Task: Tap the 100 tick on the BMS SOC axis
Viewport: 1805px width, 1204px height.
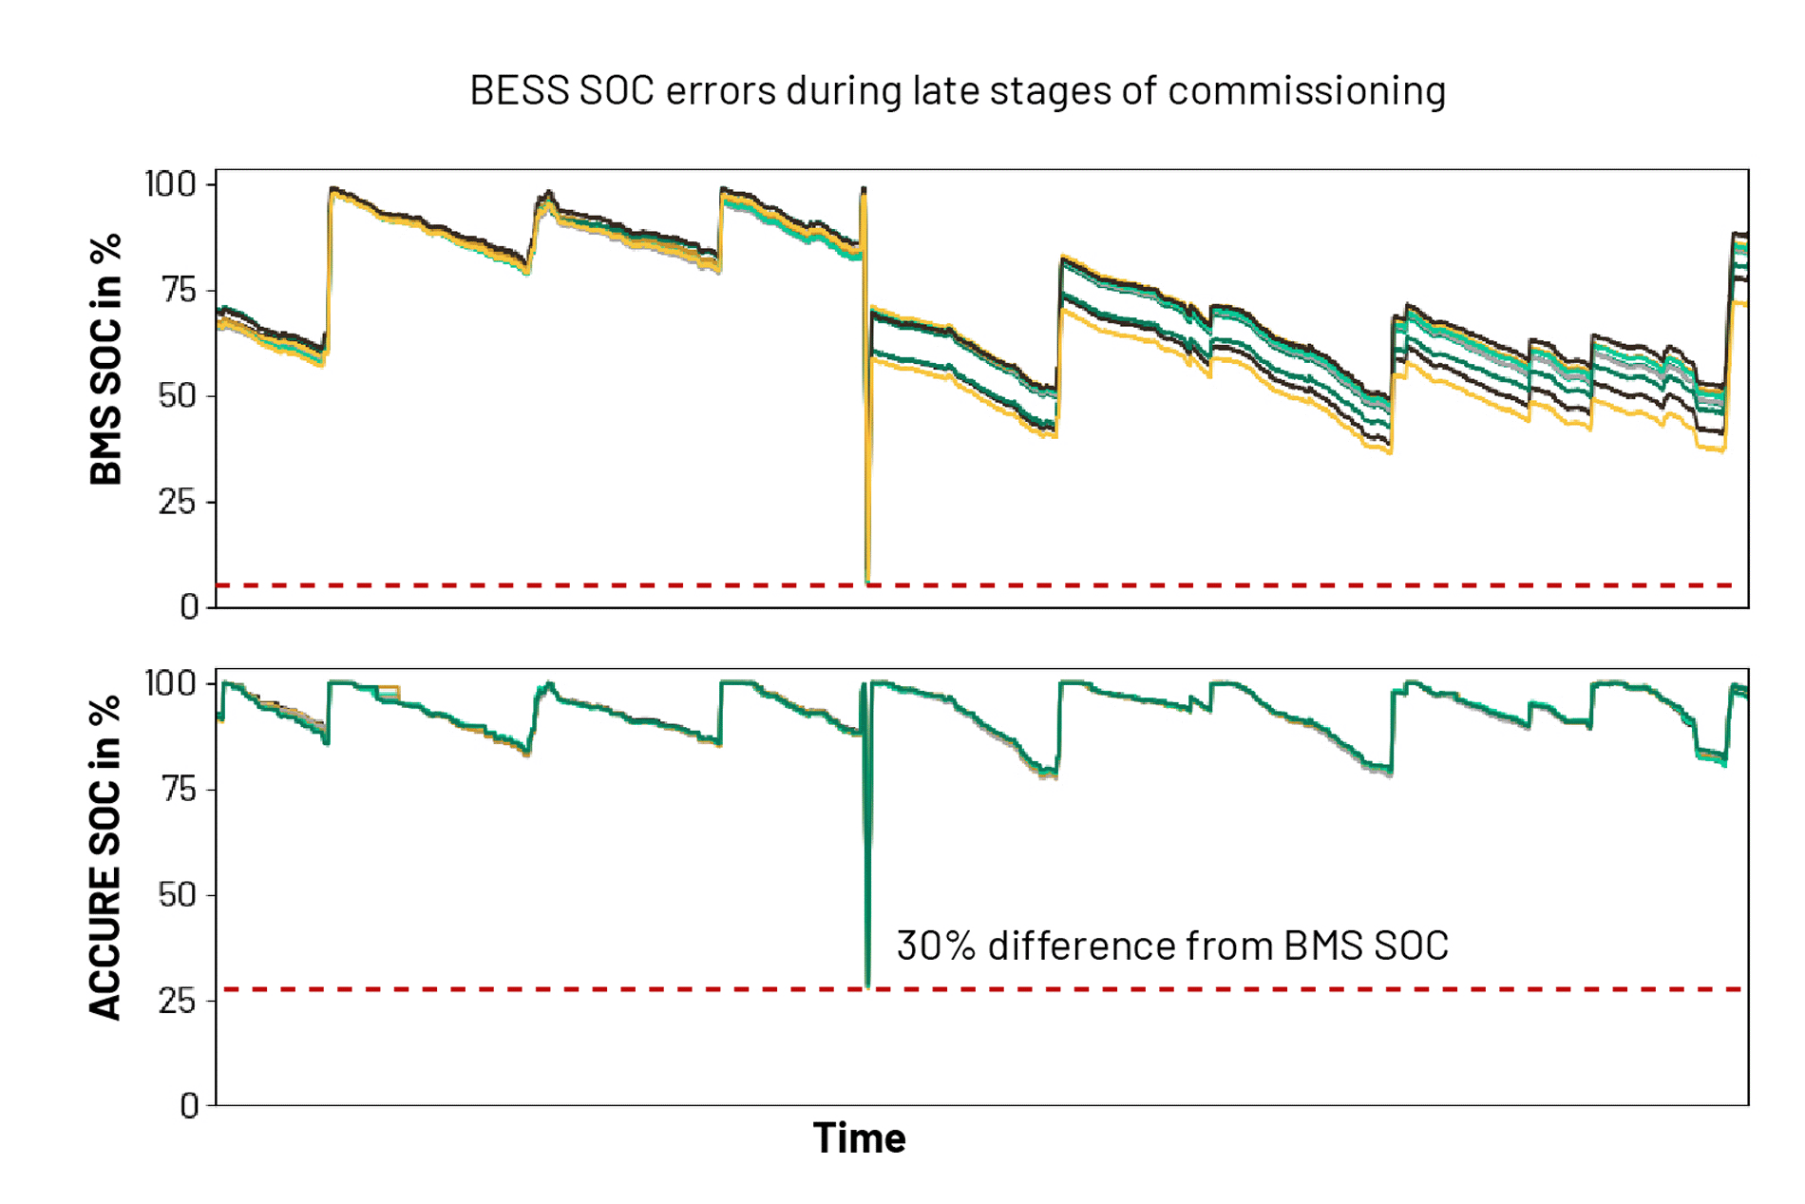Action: [170, 183]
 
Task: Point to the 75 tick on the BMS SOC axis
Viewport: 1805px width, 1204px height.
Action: [178, 289]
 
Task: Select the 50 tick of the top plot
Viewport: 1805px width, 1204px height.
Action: [178, 395]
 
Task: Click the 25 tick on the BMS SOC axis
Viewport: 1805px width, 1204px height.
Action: [178, 502]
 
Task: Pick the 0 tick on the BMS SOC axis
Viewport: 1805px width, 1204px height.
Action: [189, 606]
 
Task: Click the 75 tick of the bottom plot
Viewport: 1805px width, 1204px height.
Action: [178, 789]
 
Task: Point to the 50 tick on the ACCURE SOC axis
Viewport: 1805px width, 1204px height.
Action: [178, 894]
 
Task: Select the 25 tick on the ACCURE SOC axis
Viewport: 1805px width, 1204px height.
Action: [178, 1001]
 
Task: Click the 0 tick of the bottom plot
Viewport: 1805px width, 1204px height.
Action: [189, 1105]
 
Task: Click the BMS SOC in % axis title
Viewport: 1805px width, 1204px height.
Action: [106, 359]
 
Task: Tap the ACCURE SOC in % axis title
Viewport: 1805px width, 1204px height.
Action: [106, 857]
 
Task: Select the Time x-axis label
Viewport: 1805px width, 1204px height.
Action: [859, 1138]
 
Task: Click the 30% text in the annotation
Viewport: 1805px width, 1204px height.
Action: [935, 946]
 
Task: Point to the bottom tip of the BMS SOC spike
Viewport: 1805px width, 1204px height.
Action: [867, 580]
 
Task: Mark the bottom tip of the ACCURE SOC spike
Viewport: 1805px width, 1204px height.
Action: [867, 985]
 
